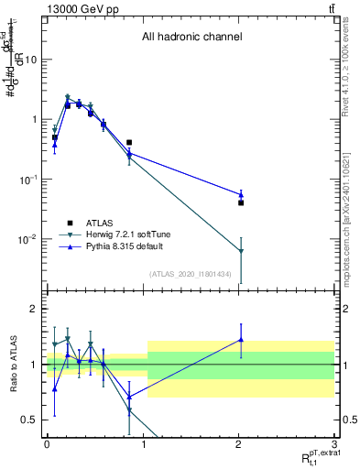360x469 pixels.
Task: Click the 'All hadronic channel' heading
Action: (191, 38)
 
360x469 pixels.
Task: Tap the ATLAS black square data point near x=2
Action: (241, 202)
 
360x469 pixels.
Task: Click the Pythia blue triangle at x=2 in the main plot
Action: (241, 194)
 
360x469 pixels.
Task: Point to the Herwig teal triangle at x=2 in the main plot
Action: (241, 250)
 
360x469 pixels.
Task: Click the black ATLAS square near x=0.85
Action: (129, 143)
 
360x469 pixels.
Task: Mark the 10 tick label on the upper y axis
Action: (30, 60)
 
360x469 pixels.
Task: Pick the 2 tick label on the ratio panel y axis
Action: (34, 309)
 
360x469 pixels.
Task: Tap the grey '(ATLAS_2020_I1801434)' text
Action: (190, 274)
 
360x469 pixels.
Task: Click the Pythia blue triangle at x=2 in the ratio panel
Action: (241, 340)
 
